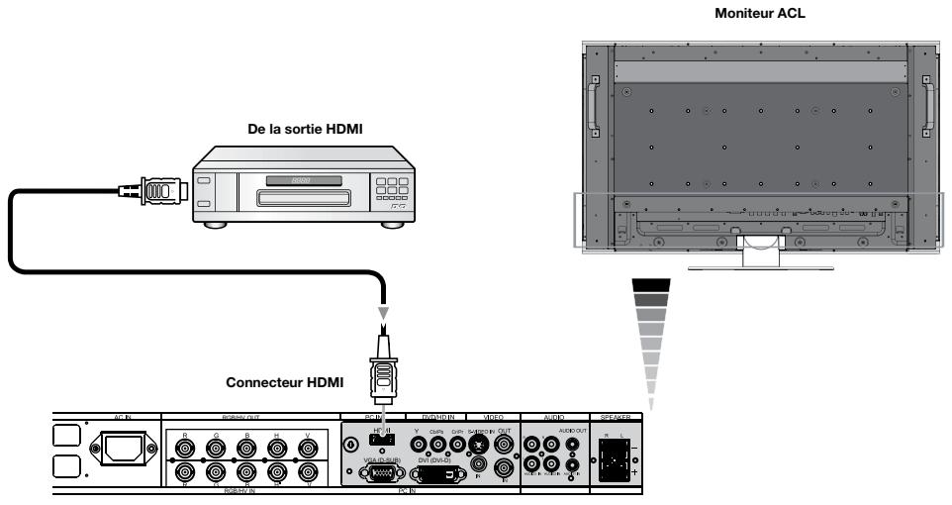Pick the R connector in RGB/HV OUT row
point(183,448)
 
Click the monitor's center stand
point(758,247)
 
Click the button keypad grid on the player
point(394,190)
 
